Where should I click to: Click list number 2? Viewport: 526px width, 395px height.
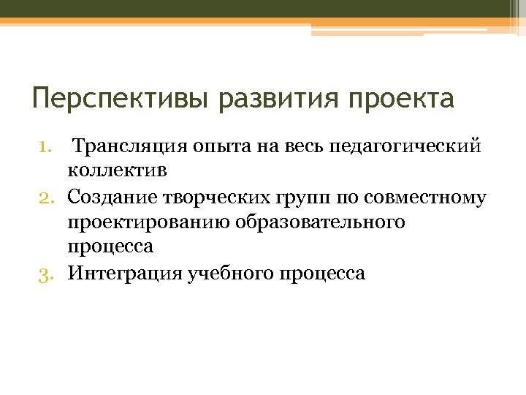pos(46,197)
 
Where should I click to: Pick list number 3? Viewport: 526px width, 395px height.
pos(46,274)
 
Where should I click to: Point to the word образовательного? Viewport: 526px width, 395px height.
pos(320,223)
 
